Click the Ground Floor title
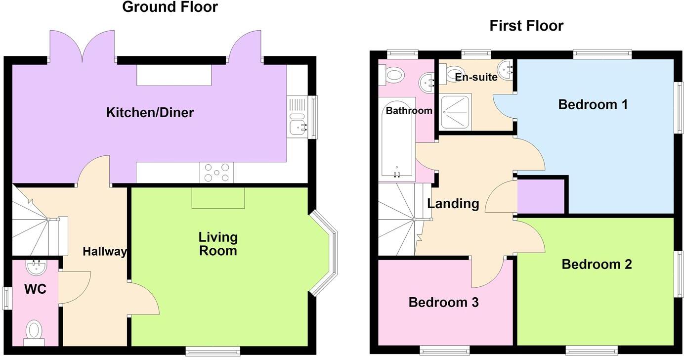tap(170, 7)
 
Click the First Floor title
tap(526, 26)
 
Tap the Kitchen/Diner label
tap(150, 112)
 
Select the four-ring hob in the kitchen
tap(217, 173)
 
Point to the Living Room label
tap(218, 244)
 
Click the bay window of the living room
tap(324, 253)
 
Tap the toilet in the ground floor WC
tap(34, 332)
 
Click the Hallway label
tap(105, 252)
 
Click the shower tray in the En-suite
tap(455, 112)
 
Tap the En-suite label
tap(476, 77)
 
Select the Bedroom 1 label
tap(593, 104)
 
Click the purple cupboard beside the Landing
tap(541, 196)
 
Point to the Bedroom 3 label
tap(443, 302)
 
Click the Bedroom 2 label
tap(597, 265)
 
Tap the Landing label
tap(453, 204)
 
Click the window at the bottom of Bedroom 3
tap(445, 350)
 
